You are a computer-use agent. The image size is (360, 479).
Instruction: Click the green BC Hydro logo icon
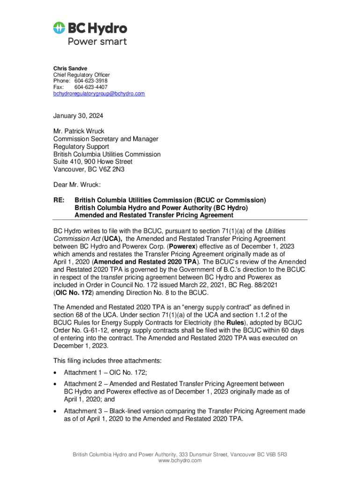click(x=60, y=28)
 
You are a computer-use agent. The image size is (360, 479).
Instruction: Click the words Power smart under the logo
click(x=97, y=41)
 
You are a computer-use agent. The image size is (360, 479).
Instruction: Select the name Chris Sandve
click(x=70, y=68)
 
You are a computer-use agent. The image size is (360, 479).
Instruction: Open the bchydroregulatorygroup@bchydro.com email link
click(x=99, y=94)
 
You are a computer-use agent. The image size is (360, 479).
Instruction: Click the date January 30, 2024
click(x=78, y=116)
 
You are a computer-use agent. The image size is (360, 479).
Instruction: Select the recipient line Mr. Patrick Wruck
click(x=79, y=131)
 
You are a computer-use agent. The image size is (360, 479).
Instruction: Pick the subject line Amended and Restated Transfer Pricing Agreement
click(x=154, y=215)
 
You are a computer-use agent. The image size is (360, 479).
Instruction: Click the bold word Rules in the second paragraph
click(x=234, y=322)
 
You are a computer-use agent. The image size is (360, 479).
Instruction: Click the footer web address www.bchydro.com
click(x=180, y=461)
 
